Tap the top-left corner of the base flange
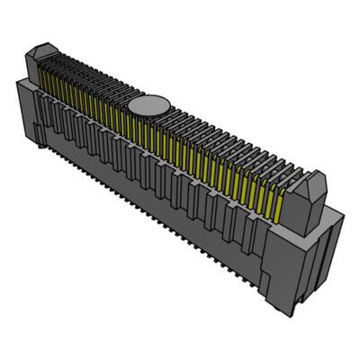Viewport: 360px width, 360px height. [x=18, y=78]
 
